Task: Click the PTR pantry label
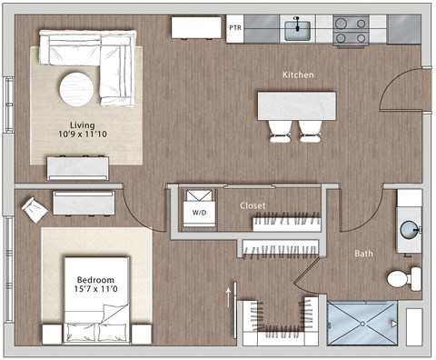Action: point(235,28)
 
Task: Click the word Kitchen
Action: point(298,75)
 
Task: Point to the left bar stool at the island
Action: point(278,131)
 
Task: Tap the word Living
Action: point(84,125)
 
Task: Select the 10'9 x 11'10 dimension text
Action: point(84,138)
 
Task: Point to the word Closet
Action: point(253,206)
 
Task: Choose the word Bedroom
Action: point(95,278)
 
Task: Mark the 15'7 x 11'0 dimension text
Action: point(95,291)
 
